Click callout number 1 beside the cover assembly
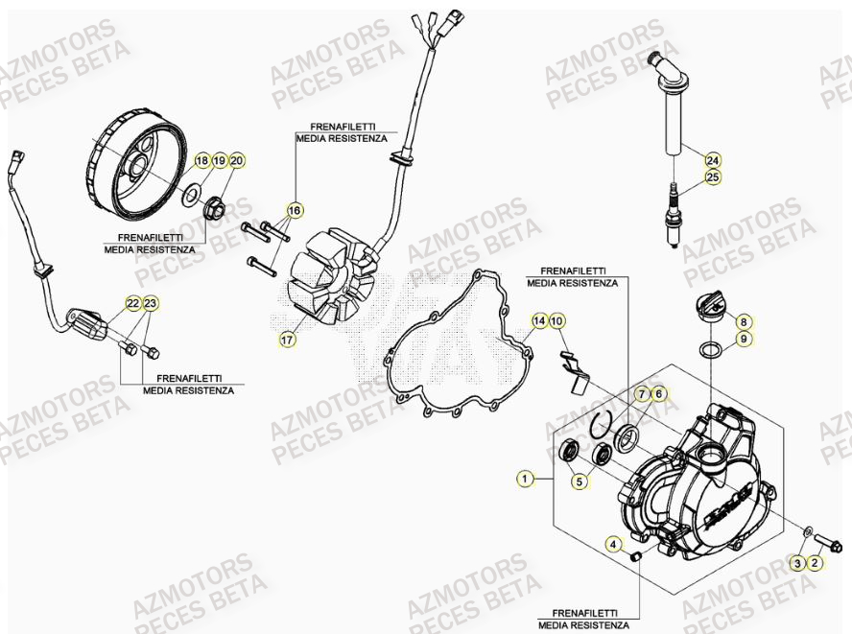525,477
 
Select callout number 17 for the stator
287,339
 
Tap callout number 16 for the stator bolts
295,209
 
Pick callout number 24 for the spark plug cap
712,159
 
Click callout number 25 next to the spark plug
712,176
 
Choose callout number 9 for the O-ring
745,339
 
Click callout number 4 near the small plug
613,545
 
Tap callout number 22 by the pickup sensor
133,304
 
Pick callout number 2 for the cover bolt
815,563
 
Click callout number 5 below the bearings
580,482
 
